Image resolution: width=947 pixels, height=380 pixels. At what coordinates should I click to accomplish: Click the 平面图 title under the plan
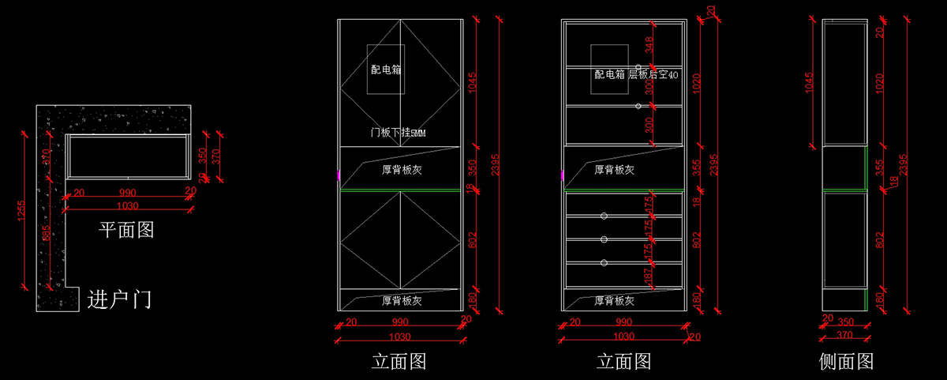125,230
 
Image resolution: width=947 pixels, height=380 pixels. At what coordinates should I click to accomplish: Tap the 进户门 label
119,299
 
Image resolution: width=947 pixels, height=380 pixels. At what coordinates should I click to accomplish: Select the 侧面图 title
846,362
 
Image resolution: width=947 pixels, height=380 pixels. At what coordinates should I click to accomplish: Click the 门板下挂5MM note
398,134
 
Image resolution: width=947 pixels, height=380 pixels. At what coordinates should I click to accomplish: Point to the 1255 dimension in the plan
21,211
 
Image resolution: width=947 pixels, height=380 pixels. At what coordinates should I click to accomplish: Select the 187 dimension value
649,277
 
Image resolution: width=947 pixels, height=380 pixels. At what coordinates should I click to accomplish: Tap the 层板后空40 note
653,75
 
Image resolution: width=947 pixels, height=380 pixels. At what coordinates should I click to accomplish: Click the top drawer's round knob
604,216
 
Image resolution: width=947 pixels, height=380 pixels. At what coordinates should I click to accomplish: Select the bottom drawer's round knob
604,262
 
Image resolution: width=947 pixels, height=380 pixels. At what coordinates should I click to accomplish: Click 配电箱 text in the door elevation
386,70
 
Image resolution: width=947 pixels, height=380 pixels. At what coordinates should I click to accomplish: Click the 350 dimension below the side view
845,322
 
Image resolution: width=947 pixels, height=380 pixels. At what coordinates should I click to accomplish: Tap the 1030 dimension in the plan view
127,205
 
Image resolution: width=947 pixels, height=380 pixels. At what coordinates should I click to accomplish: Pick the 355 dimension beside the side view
880,169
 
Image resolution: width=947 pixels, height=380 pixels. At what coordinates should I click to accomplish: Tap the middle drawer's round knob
604,239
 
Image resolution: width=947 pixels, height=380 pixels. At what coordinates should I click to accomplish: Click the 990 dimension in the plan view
127,192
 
